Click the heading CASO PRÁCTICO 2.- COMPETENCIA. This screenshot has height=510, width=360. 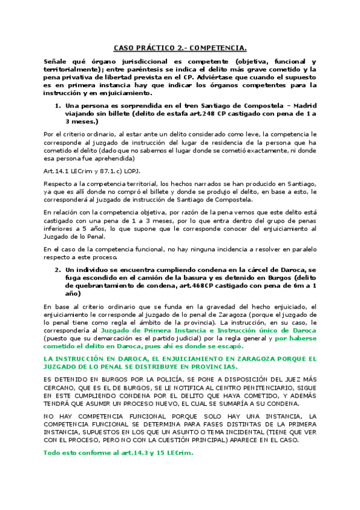[x=180, y=48]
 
